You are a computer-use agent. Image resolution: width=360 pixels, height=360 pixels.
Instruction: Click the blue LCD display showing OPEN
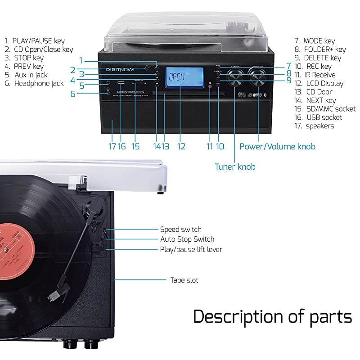pos(180,78)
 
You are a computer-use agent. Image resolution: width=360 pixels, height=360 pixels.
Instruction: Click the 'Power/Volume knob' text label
pos(277,146)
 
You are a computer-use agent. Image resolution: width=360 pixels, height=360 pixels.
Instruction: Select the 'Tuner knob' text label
pos(235,167)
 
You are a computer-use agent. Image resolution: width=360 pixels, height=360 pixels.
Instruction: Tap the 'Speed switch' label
pos(181,229)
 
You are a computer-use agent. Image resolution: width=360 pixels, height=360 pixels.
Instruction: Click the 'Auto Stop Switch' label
pos(187,239)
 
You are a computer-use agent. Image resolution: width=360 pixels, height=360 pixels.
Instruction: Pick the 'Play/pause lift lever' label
pos(191,249)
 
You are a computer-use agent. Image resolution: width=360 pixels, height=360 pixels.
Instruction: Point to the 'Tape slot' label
pos(184,280)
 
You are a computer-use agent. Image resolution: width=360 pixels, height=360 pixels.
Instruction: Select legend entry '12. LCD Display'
pos(319,83)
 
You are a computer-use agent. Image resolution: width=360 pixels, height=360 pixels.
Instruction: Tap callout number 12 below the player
pos(181,146)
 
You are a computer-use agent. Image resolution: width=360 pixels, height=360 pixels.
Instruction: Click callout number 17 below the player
pos(112,146)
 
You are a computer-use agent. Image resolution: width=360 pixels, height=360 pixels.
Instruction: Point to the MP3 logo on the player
pos(257,95)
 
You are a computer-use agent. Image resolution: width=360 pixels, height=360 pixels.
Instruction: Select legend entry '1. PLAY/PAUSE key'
pos(35,40)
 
